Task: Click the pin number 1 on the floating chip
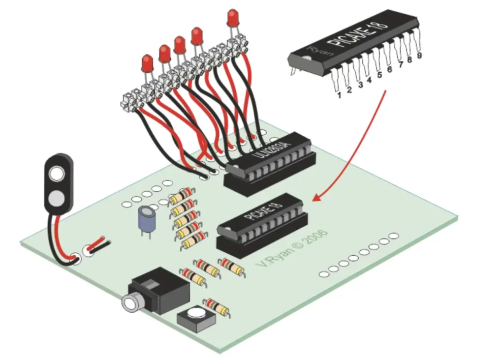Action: click(339, 94)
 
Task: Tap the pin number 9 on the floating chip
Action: click(419, 56)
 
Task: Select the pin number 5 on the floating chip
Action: click(379, 75)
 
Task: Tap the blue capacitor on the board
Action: click(146, 219)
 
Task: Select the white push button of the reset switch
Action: click(195, 312)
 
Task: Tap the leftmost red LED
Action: click(147, 63)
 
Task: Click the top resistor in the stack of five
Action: click(184, 196)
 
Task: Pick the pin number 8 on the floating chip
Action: click(409, 60)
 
